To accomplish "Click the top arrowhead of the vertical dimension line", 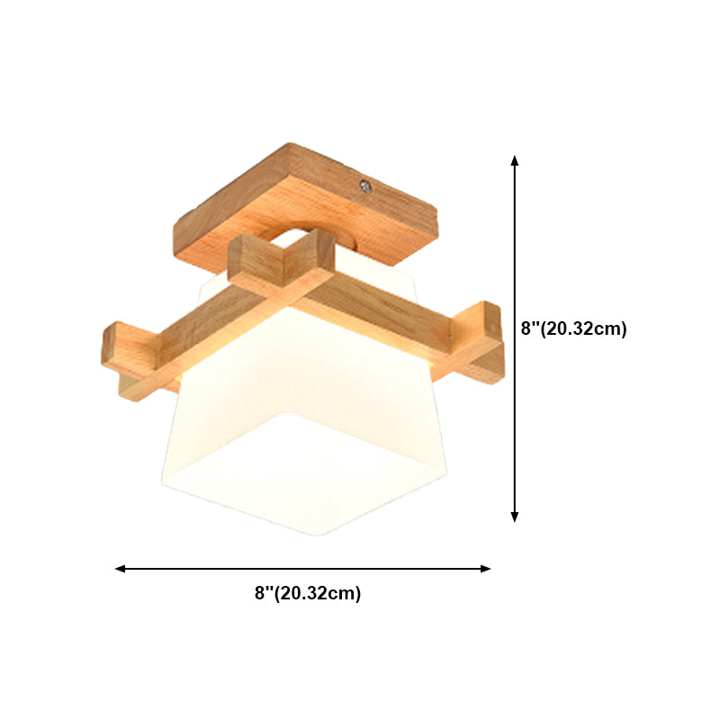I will pos(515,159).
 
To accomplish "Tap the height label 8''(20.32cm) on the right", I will pos(573,328).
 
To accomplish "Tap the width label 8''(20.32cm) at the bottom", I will pos(308,593).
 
